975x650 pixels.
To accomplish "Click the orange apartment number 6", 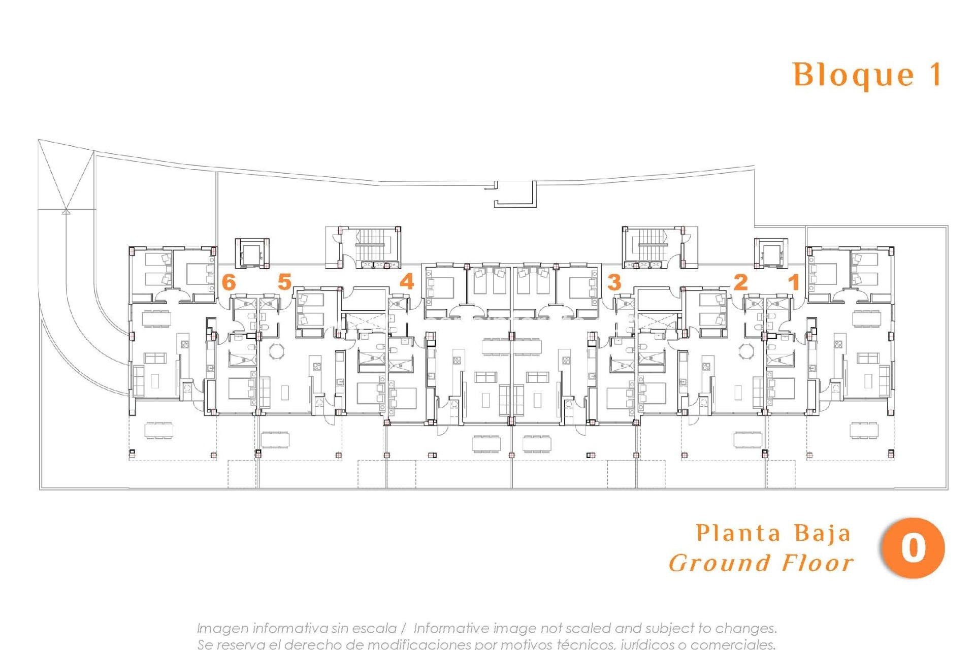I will [229, 282].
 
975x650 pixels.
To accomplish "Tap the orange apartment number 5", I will [284, 282].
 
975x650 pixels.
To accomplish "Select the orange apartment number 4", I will [407, 281].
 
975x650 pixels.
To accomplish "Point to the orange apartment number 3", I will [614, 282].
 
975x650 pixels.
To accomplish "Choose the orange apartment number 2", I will [741, 282].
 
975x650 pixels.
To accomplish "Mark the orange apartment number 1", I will [794, 282].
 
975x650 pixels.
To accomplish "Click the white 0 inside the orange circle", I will [913, 548].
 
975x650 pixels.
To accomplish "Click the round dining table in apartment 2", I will [746, 351].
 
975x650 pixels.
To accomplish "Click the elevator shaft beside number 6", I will [251, 252].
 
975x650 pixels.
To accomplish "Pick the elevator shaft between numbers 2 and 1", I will [771, 252].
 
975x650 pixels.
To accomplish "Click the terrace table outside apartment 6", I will [159, 430].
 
